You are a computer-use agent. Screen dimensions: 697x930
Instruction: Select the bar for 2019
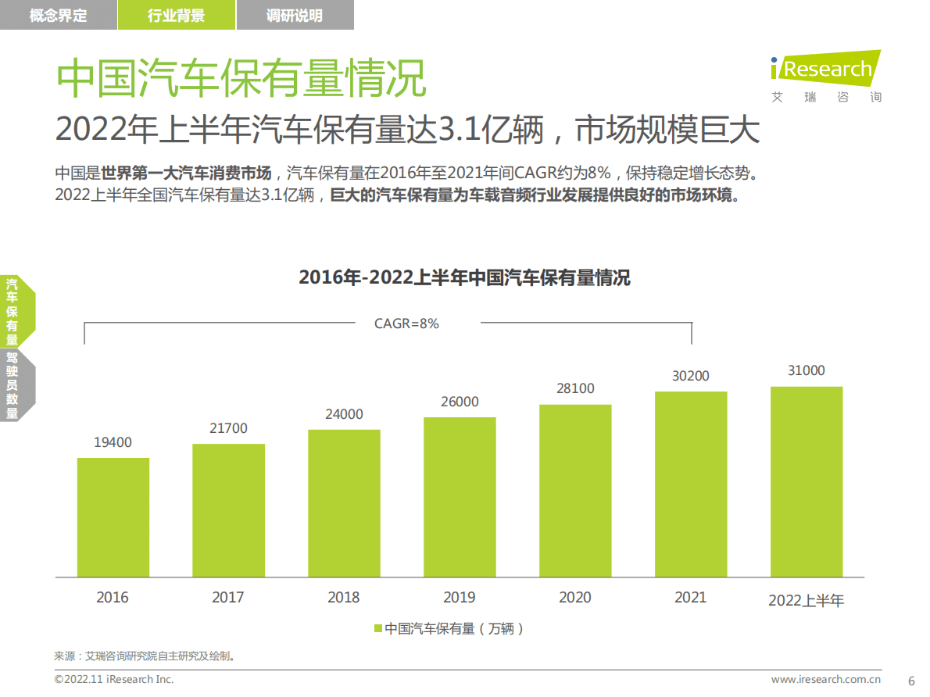pos(460,497)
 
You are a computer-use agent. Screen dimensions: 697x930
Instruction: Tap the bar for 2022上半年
pos(807,481)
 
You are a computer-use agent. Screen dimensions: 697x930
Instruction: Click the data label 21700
pos(228,428)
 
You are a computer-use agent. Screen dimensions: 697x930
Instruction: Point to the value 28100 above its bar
pos(575,388)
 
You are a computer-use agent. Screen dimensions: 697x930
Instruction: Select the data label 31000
pos(806,370)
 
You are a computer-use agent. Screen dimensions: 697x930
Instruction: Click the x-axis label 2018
pos(344,598)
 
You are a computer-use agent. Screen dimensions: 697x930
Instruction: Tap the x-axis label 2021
pos(690,598)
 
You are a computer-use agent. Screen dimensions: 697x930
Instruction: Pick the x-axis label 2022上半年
pos(807,600)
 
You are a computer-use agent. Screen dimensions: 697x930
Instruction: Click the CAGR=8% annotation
pos(406,323)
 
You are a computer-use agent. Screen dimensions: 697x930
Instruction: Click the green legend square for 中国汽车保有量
pos(378,629)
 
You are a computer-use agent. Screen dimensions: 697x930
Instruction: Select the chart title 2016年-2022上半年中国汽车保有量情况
pos(464,277)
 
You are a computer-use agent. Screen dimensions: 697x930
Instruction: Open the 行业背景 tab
pos(176,16)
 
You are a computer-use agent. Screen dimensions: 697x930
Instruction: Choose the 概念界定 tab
pos(59,16)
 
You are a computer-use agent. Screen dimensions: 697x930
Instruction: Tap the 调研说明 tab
pos(295,16)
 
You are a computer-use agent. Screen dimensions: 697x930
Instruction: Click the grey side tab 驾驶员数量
pos(12,385)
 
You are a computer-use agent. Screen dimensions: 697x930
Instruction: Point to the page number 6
pos(910,680)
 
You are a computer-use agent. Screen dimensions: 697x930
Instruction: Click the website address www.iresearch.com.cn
pos(832,680)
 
